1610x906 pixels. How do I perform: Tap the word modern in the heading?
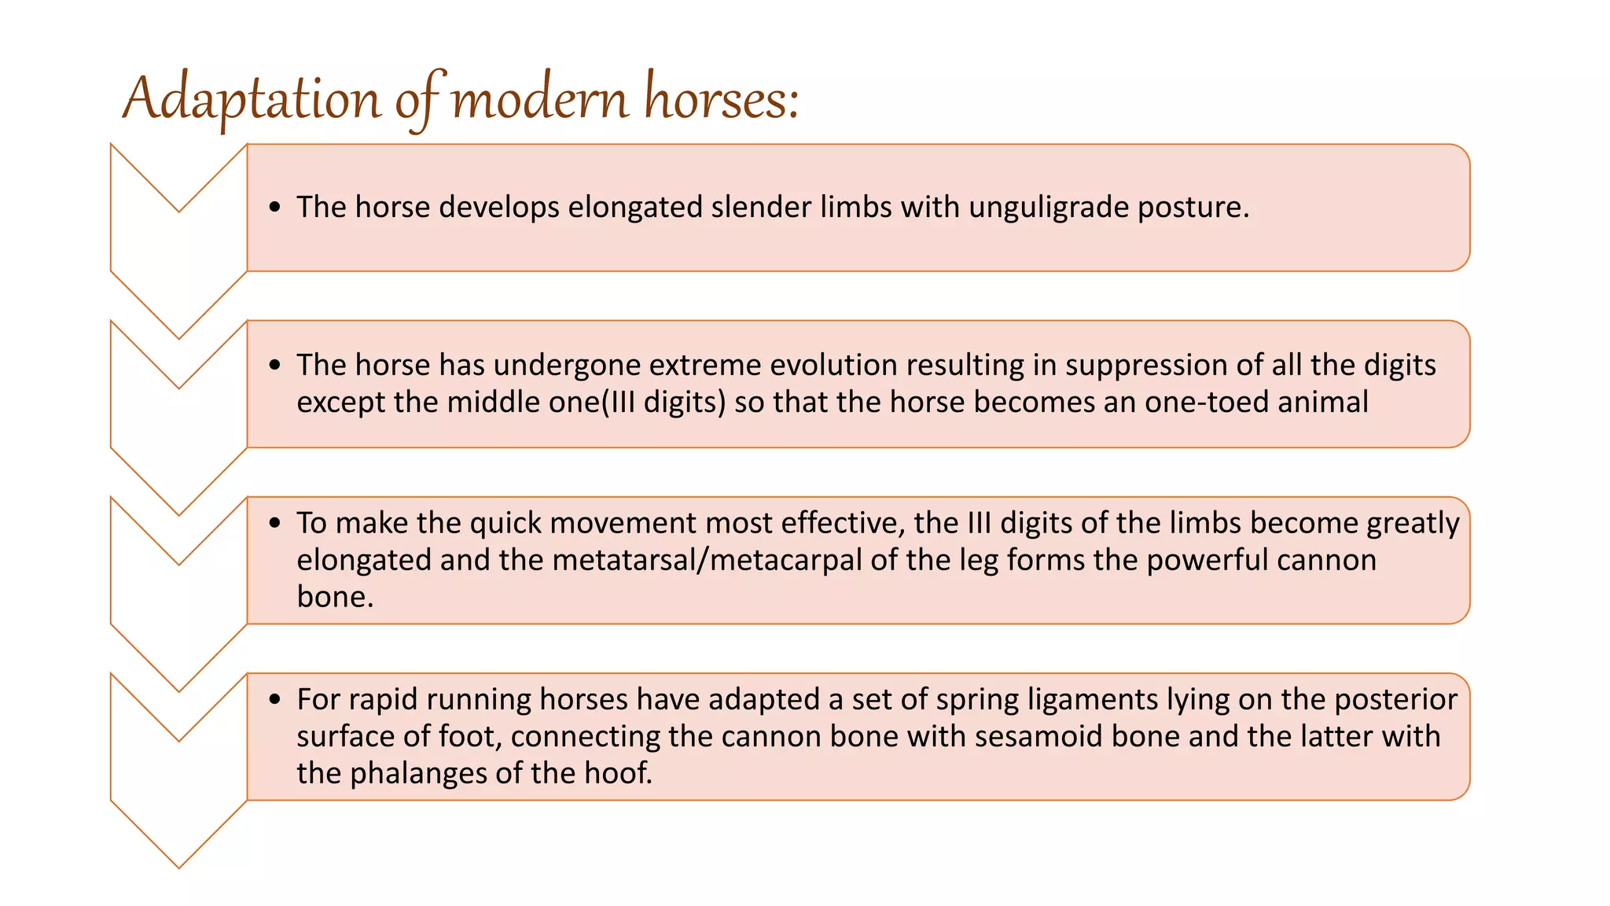click(x=540, y=99)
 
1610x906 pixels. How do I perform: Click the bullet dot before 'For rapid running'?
click(x=274, y=698)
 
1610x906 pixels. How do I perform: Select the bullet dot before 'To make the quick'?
click(x=274, y=522)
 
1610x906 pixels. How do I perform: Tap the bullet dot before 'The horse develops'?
click(x=274, y=207)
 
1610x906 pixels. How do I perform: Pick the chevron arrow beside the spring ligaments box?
click(x=179, y=771)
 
